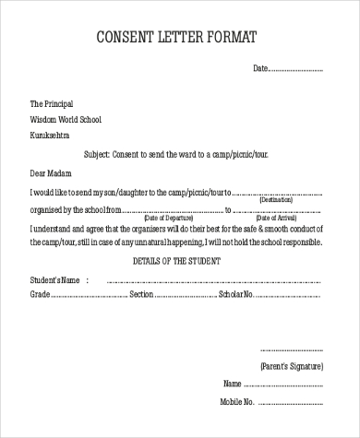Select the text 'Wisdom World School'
click(x=66, y=119)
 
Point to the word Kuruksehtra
click(x=50, y=135)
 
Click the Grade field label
click(x=40, y=294)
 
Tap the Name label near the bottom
click(x=232, y=383)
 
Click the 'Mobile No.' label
click(x=237, y=402)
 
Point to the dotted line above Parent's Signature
click(x=291, y=350)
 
